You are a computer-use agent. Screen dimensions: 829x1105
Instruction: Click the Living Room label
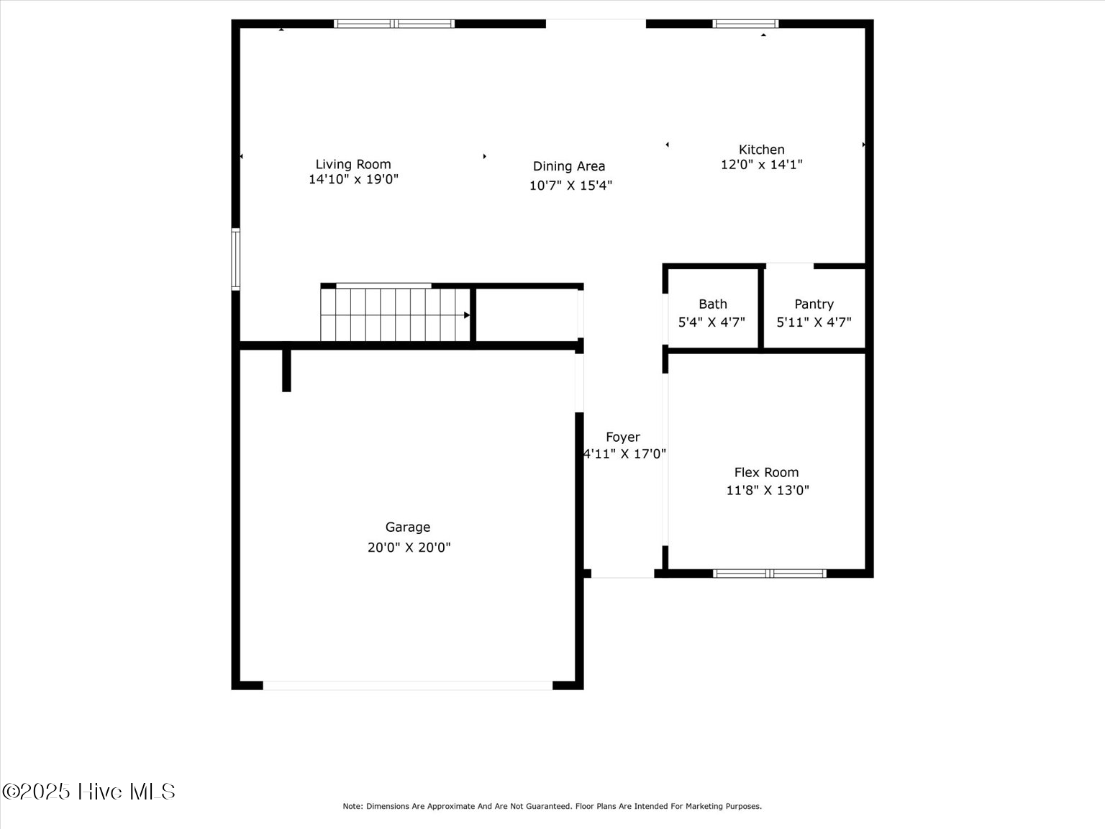coord(353,164)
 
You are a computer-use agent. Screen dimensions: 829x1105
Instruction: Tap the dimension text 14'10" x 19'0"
coord(353,179)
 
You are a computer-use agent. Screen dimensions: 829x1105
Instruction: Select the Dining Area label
coord(569,166)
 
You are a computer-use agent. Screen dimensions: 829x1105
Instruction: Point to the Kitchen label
coord(761,150)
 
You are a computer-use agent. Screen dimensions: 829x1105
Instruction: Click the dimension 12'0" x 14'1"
coord(761,164)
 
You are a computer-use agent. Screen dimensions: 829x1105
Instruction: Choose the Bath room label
coord(712,304)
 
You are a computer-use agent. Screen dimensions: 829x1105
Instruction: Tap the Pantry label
coord(814,304)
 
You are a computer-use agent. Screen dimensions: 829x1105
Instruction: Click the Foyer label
coord(623,437)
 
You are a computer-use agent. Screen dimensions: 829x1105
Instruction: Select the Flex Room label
coord(766,472)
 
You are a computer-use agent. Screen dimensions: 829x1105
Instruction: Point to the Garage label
coord(408,527)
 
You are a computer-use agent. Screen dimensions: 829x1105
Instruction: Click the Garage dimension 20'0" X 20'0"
coord(409,547)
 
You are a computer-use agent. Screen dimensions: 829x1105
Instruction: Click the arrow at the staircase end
coord(467,315)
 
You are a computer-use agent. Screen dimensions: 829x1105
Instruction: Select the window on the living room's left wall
coord(235,258)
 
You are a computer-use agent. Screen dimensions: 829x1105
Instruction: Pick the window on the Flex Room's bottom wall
coord(769,574)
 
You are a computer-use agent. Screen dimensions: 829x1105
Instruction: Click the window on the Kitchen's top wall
coord(745,24)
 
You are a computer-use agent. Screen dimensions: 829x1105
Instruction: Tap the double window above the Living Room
coord(394,24)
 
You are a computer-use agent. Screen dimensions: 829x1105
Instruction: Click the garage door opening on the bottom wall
coord(407,686)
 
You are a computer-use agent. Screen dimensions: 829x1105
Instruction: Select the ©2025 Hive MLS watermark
coord(88,792)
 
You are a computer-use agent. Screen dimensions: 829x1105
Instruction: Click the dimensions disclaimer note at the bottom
coord(552,807)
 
